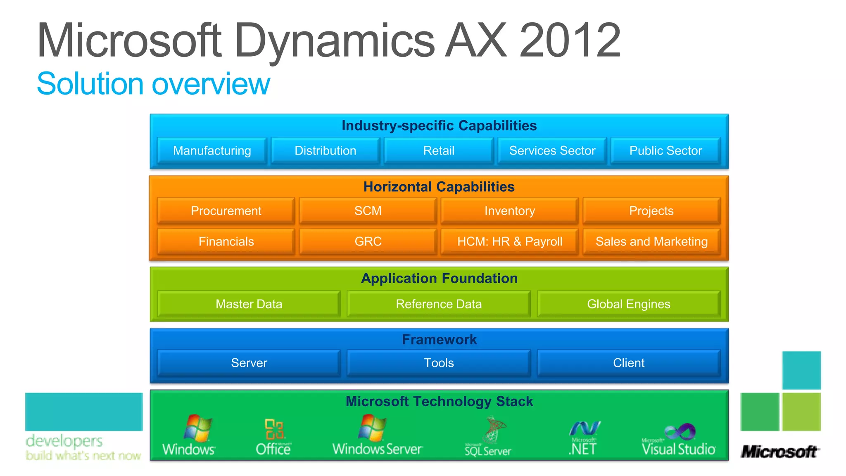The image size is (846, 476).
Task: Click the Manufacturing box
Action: coord(212,151)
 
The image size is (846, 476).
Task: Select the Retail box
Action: coord(439,151)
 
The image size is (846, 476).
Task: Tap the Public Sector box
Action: coord(665,151)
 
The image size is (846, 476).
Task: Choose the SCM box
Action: coord(368,211)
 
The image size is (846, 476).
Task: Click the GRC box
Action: coord(368,241)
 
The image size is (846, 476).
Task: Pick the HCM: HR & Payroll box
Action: coord(509,241)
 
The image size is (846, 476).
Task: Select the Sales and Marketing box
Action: coord(651,241)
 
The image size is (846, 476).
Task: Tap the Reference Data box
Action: coord(439,304)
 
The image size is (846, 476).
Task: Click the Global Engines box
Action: coord(628,304)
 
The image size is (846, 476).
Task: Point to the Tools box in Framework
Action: coord(439,363)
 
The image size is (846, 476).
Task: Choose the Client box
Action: coord(628,363)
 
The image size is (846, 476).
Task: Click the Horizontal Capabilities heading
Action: coord(439,187)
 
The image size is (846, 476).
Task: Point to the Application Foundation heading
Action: coord(439,278)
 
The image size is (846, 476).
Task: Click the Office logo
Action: coord(273,437)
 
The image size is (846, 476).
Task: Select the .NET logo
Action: coord(583,438)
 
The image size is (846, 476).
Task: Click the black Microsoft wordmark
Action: coord(779,452)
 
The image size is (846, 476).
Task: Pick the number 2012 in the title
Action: coord(570,40)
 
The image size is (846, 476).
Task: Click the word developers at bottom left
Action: coord(64,441)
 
